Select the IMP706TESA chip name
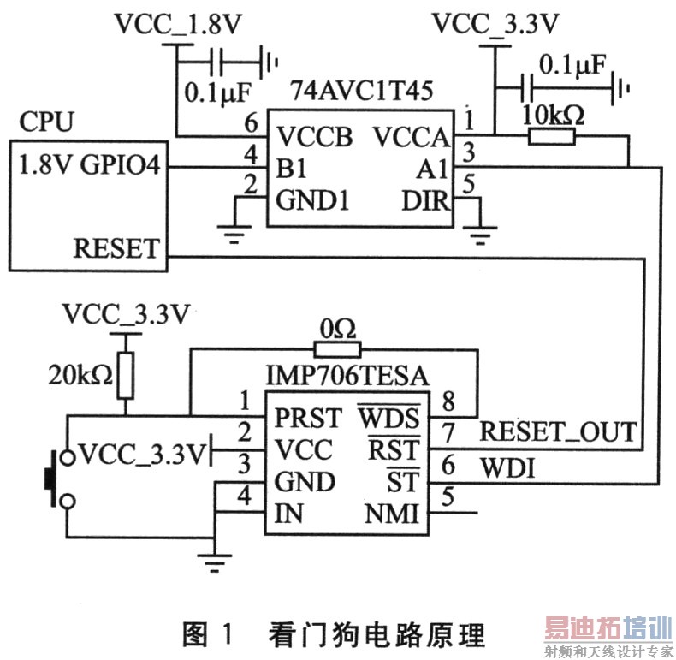click(346, 374)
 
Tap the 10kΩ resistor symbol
click(552, 135)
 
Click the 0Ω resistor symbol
click(338, 348)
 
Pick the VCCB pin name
click(314, 136)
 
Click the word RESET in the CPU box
click(116, 248)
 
